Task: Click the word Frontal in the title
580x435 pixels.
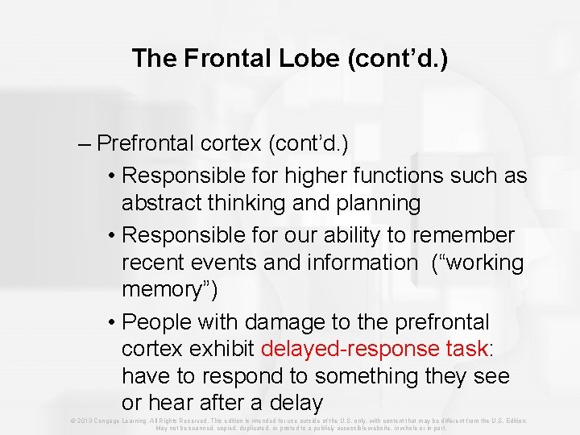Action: click(210, 58)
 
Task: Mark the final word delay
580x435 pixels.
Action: click(296, 403)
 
